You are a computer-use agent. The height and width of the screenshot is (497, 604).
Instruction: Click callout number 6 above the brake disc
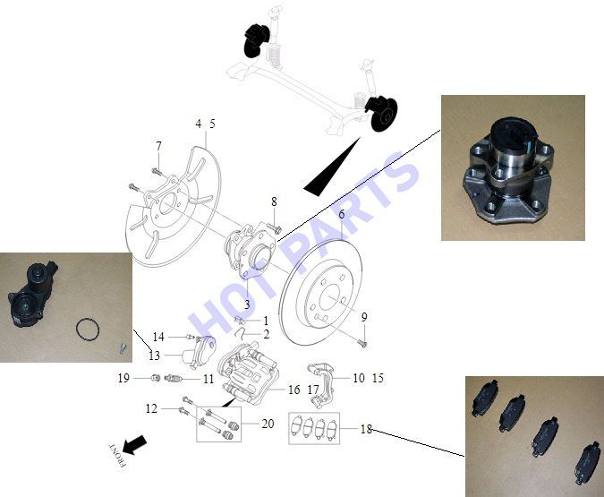pyautogui.click(x=341, y=214)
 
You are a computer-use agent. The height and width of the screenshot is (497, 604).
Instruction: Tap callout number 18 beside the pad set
pyautogui.click(x=366, y=429)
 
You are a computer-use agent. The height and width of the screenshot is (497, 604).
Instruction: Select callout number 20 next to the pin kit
pyautogui.click(x=268, y=424)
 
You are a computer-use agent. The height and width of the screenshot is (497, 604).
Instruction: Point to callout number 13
pyautogui.click(x=154, y=356)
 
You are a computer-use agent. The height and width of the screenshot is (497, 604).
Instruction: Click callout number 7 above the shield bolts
pyautogui.click(x=158, y=146)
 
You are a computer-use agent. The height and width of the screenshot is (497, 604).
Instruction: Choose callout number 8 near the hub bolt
pyautogui.click(x=274, y=201)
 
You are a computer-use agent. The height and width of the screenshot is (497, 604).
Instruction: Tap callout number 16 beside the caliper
pyautogui.click(x=293, y=390)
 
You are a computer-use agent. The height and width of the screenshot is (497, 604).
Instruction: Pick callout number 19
pyautogui.click(x=123, y=378)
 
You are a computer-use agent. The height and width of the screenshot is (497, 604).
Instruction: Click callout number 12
pyautogui.click(x=151, y=408)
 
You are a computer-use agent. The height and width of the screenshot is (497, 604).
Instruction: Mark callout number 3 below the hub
pyautogui.click(x=247, y=304)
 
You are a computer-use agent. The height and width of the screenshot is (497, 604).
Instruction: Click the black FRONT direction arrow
pyautogui.click(x=134, y=445)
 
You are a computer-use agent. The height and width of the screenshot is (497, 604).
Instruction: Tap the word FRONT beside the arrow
pyautogui.click(x=117, y=456)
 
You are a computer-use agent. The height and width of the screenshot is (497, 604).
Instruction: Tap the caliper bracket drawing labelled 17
pyautogui.click(x=320, y=383)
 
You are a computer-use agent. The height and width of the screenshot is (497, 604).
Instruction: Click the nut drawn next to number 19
pyautogui.click(x=156, y=377)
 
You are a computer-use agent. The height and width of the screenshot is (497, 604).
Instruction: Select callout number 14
pyautogui.click(x=158, y=337)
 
